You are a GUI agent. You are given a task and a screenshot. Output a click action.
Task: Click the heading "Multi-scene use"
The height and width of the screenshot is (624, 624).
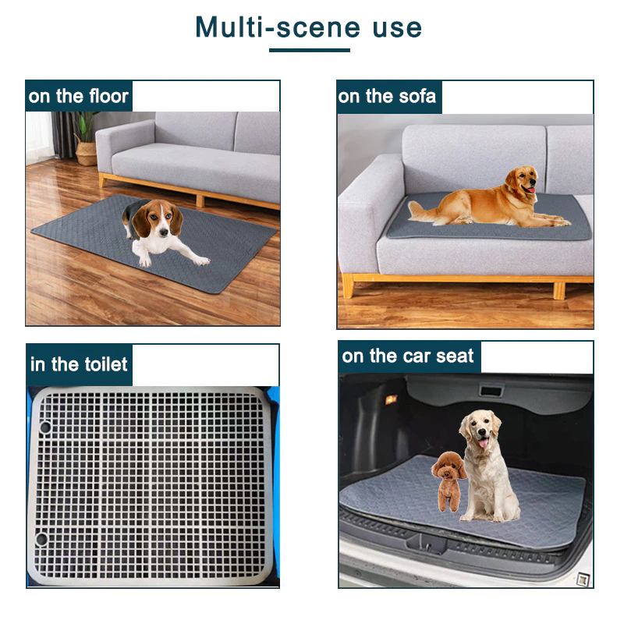pyautogui.click(x=309, y=28)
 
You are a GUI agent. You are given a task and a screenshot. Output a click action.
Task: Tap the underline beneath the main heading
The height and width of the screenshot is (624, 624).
pyautogui.click(x=309, y=51)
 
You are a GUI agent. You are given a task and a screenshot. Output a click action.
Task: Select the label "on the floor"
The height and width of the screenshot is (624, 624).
pyautogui.click(x=78, y=97)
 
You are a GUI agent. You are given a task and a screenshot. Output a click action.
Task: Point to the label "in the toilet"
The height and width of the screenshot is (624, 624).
pyautogui.click(x=79, y=364)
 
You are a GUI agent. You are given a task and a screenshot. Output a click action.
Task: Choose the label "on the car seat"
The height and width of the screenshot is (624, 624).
pyautogui.click(x=408, y=357)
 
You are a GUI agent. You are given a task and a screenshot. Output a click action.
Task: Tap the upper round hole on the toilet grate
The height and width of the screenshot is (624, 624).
pyautogui.click(x=45, y=427)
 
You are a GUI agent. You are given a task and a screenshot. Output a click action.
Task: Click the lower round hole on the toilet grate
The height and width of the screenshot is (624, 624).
pyautogui.click(x=41, y=538)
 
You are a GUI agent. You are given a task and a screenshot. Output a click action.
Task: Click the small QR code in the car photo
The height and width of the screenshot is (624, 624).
pyautogui.click(x=581, y=578)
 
